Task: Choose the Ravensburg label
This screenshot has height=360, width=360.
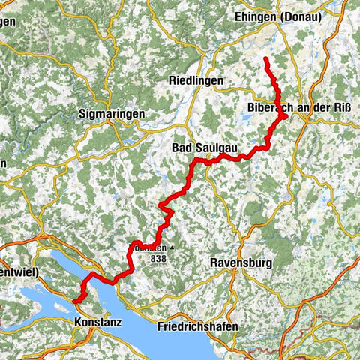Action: [x=241, y=263]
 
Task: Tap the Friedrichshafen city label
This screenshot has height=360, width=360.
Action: [x=198, y=327]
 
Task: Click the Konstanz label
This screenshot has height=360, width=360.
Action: [x=98, y=321]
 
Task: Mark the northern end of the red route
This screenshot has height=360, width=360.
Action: [x=266, y=58]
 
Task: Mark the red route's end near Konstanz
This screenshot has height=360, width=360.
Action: [x=75, y=301]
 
